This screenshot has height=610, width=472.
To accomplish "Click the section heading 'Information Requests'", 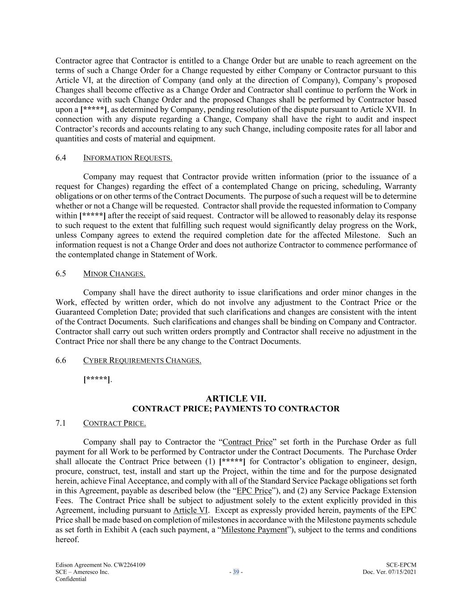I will (x=128, y=158).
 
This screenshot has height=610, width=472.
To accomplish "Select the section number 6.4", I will (x=61, y=158).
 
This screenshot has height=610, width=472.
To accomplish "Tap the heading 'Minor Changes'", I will (x=114, y=273).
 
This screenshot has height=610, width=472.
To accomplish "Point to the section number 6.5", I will (x=61, y=273).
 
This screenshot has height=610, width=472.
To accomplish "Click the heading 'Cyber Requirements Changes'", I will (x=142, y=360).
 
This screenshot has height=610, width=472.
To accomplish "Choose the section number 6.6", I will (x=61, y=360).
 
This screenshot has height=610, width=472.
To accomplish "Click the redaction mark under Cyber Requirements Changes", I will (x=97, y=379).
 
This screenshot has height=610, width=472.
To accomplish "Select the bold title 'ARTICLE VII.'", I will (x=236, y=398).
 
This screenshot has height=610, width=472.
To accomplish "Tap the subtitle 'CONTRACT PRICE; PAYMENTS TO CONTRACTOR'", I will (x=236, y=408).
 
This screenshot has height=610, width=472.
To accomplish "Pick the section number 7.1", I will (x=61, y=423).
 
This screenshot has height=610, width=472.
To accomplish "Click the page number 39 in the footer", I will (x=236, y=572).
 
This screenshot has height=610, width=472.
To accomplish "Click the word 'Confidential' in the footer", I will (x=71, y=579).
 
